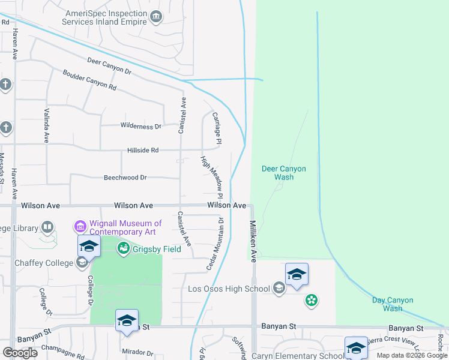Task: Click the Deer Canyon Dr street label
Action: pyautogui.click(x=109, y=66)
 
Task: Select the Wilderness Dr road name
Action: pyautogui.click(x=141, y=127)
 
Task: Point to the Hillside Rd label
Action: pyautogui.click(x=142, y=151)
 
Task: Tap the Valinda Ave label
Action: pyautogui.click(x=46, y=125)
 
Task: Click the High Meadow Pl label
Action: pyautogui.click(x=212, y=178)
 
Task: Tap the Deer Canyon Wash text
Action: pyautogui.click(x=284, y=173)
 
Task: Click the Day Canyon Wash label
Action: pyautogui.click(x=387, y=304)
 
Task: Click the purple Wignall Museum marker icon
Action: pyautogui.click(x=80, y=227)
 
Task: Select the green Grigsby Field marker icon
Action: pyautogui.click(x=124, y=247)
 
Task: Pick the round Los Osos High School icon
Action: pyautogui.click(x=279, y=289)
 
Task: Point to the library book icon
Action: pyautogui.click(x=47, y=227)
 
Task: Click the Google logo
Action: pyautogui.click(x=20, y=353)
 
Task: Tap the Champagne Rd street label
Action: pyautogui.click(x=62, y=353)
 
